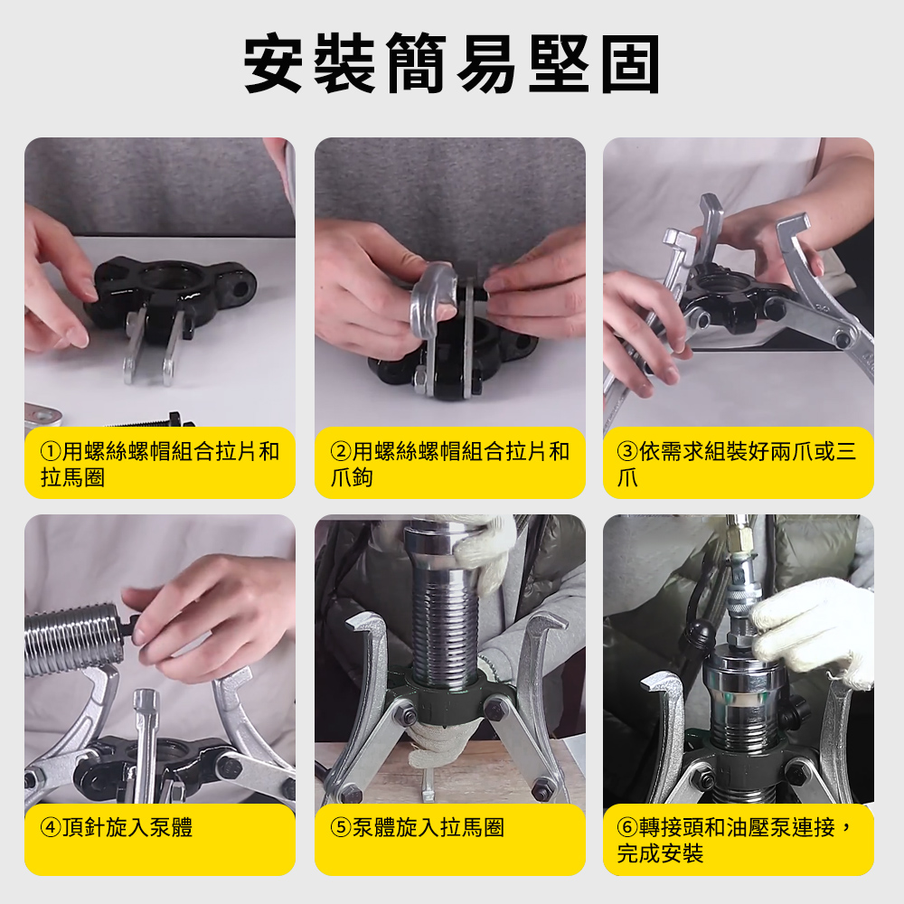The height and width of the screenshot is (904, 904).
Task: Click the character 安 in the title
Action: click(272, 63)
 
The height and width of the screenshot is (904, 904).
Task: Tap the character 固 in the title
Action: click(631, 63)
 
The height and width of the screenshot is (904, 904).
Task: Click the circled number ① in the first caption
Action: click(51, 451)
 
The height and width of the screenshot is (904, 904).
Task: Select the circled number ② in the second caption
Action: click(342, 451)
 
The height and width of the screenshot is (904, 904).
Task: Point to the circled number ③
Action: click(628, 451)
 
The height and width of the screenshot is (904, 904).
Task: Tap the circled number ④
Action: click(51, 828)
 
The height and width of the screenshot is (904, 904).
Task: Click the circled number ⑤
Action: click(342, 828)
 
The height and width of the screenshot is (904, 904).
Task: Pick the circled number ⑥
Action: click(628, 828)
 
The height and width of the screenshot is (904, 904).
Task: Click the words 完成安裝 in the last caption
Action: click(660, 854)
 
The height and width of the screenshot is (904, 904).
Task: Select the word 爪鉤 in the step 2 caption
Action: click(352, 478)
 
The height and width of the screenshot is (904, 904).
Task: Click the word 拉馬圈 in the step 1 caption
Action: click(72, 478)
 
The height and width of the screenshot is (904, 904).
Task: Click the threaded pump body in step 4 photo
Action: click(75, 639)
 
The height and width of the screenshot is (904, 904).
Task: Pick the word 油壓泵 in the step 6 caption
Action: click(758, 828)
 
